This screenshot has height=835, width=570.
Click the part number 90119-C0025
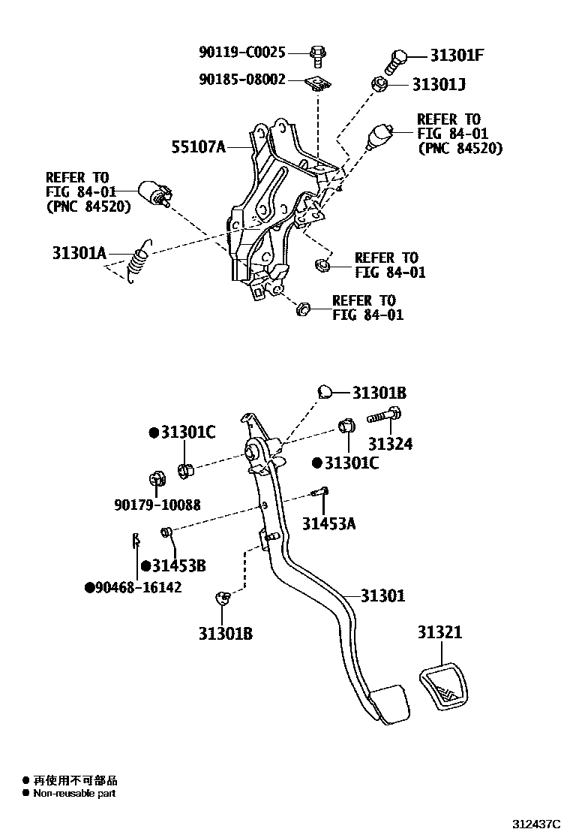tap(242, 53)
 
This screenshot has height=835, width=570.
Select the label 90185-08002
tap(242, 78)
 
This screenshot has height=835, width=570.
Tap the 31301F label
tap(457, 55)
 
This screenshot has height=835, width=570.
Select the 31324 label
tap(389, 444)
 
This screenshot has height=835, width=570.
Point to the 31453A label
tap(328, 523)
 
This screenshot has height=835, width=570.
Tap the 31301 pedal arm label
tap(382, 596)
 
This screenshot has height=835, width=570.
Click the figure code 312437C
tap(537, 824)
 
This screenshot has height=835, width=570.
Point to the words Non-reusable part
tap(74, 793)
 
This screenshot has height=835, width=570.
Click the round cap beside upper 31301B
tap(324, 391)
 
